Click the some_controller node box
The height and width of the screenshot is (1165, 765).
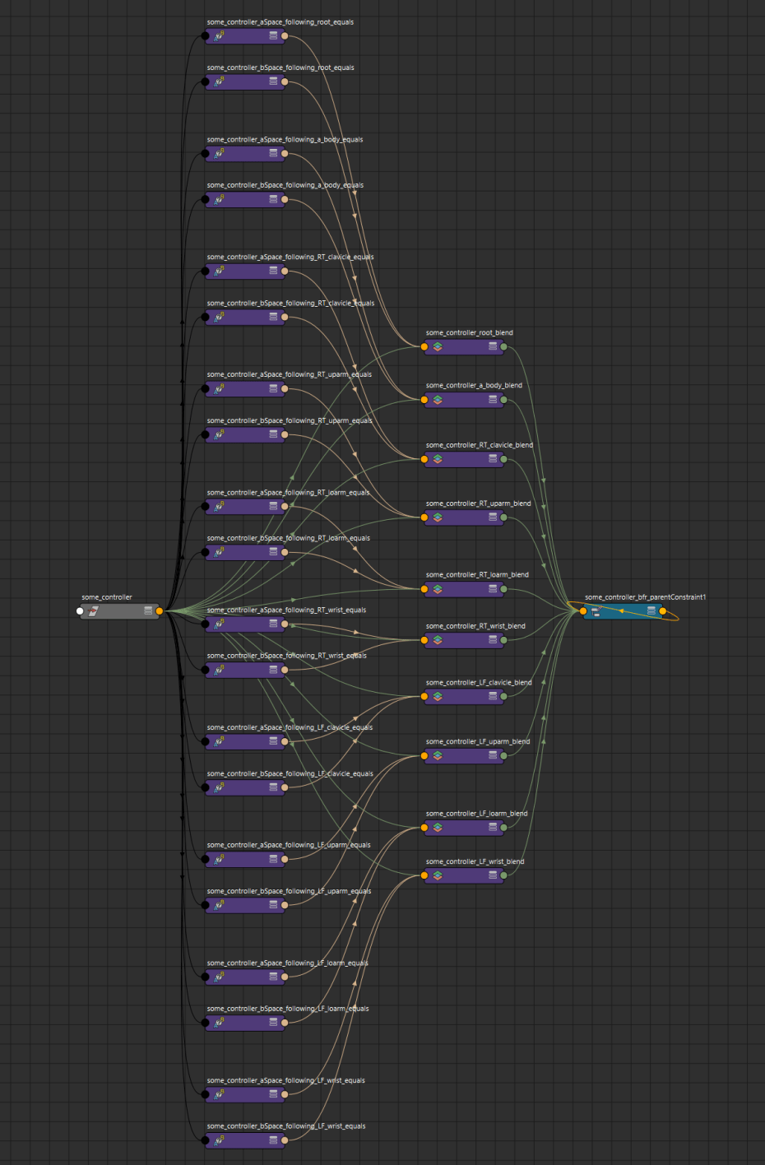[119, 611]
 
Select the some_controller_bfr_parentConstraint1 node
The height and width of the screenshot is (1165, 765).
[623, 611]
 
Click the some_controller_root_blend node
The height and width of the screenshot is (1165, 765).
[464, 347]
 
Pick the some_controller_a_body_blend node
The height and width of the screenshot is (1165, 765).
[464, 400]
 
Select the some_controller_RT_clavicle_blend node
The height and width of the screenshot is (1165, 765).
[464, 459]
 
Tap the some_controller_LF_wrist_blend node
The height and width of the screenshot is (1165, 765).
[464, 875]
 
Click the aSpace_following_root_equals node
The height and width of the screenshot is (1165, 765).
[245, 36]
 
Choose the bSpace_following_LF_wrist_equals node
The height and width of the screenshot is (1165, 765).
[245, 1140]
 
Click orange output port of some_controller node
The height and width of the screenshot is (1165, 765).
[160, 611]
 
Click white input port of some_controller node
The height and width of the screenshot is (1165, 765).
[80, 611]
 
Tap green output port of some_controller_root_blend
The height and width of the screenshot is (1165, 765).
[503, 347]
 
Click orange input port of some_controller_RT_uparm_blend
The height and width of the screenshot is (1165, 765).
[424, 518]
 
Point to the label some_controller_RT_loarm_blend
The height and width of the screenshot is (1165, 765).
[477, 575]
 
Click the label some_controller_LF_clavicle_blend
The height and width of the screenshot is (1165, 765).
[479, 683]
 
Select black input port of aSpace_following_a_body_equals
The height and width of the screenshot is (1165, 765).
[205, 154]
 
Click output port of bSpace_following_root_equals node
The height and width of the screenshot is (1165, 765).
[285, 81]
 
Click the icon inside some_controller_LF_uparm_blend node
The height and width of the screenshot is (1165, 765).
[438, 755]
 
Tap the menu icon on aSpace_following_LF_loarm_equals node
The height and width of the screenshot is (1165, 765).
[273, 977]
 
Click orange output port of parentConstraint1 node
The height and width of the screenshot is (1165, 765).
[663, 611]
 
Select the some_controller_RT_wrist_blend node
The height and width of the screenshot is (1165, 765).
[464, 640]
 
